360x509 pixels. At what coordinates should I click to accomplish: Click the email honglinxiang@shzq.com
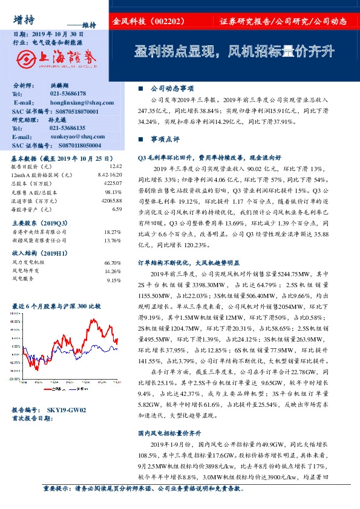(76, 103)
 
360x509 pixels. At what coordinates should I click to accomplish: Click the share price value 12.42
(116, 166)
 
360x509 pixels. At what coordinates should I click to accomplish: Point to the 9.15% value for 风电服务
(114, 280)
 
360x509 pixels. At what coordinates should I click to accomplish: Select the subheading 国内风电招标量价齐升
(169, 433)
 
